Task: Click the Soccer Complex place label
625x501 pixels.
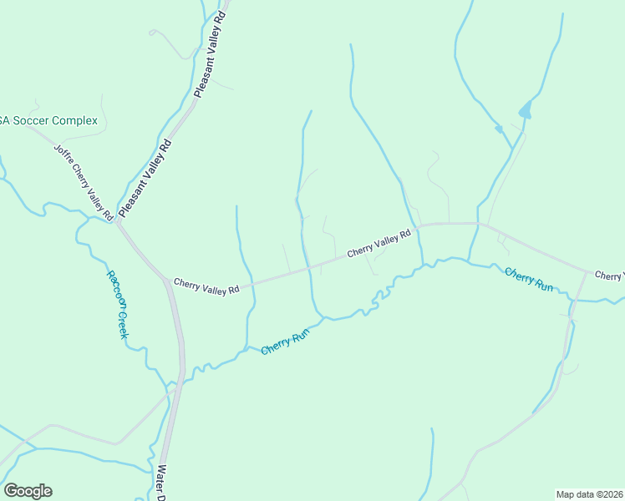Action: click(x=48, y=120)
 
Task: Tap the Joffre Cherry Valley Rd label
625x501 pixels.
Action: click(x=84, y=183)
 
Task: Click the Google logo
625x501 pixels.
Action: click(x=28, y=491)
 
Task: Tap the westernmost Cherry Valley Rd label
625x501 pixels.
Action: click(x=206, y=286)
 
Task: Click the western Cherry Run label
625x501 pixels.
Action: click(x=286, y=341)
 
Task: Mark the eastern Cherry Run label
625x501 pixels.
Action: click(x=528, y=278)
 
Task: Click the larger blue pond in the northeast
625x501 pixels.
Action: click(x=525, y=110)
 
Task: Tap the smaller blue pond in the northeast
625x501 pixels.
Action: click(x=499, y=129)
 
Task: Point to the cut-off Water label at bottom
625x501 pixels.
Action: click(x=158, y=484)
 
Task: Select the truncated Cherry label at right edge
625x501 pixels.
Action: click(x=609, y=275)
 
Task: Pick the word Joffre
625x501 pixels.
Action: click(x=64, y=156)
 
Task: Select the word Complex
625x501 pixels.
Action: click(x=75, y=120)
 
